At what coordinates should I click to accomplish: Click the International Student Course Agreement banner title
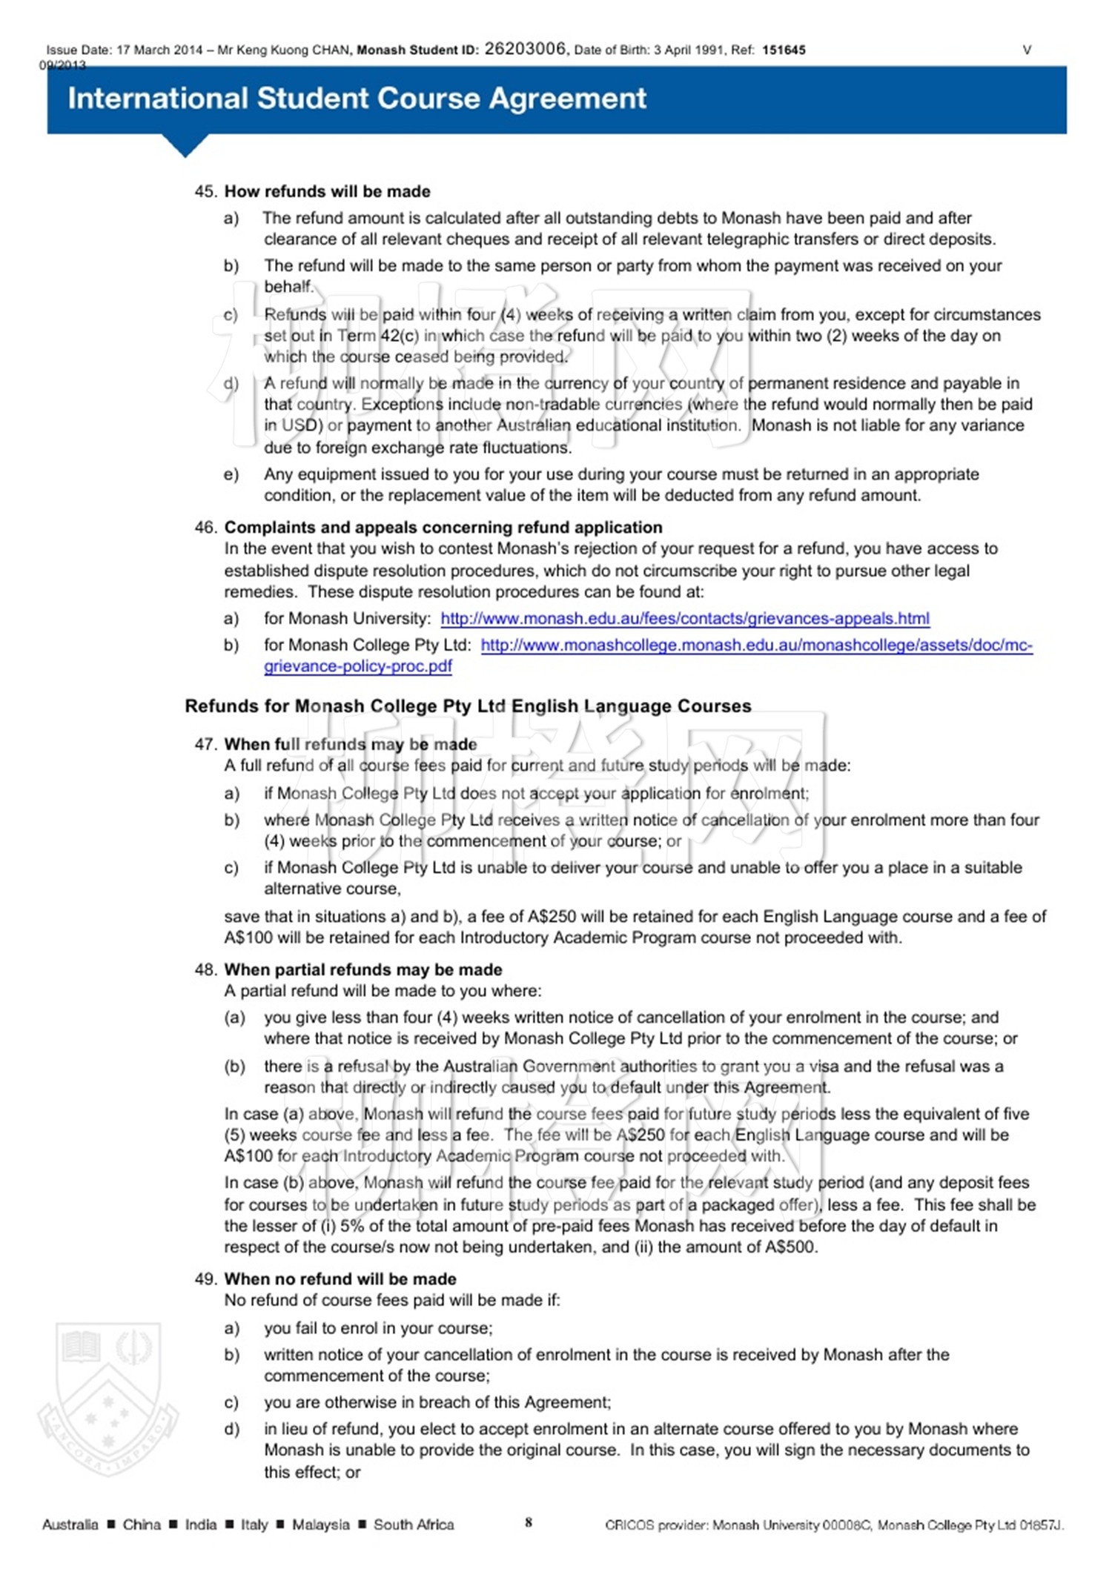(x=357, y=99)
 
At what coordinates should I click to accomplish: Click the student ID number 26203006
(x=525, y=49)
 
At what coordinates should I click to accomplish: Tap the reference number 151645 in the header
(x=784, y=50)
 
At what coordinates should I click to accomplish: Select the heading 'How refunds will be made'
(x=327, y=191)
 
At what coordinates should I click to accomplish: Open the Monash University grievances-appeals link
(x=684, y=618)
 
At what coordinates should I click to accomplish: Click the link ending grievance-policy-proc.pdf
(x=358, y=666)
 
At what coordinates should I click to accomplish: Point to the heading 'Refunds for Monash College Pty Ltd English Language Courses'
(x=468, y=706)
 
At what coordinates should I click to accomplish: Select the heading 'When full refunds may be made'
(x=351, y=744)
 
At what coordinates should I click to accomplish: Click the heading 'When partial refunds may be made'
(x=363, y=969)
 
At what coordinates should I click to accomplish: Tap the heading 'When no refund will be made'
(x=340, y=1279)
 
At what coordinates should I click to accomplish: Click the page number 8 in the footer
(x=529, y=1522)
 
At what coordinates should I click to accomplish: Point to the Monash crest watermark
(x=108, y=1397)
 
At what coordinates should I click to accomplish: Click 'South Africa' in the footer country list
(x=414, y=1525)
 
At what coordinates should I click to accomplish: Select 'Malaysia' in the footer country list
(x=320, y=1525)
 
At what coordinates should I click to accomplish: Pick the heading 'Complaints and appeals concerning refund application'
(x=443, y=527)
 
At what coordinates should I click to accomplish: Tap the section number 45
(x=205, y=191)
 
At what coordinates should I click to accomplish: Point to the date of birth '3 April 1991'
(x=689, y=50)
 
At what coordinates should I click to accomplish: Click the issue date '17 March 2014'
(x=159, y=50)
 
